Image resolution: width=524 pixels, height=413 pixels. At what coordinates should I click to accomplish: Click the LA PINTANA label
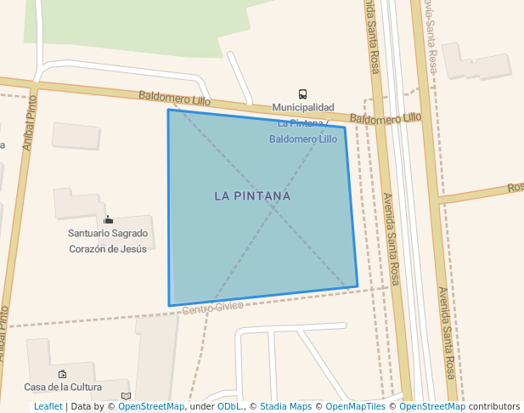(x=252, y=196)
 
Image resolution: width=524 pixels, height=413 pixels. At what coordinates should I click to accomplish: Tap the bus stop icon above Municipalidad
(x=302, y=94)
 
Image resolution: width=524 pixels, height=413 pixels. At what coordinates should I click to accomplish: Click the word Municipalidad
(x=302, y=108)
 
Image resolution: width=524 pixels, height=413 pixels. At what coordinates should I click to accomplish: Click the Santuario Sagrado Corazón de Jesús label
(x=108, y=240)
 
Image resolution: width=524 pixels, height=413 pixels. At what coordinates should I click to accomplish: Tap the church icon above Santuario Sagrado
(x=108, y=220)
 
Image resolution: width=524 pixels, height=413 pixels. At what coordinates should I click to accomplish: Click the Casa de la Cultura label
(x=63, y=387)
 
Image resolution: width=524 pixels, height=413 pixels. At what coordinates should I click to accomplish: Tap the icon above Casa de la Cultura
(x=62, y=373)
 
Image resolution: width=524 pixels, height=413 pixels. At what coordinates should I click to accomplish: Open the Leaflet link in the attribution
(x=48, y=406)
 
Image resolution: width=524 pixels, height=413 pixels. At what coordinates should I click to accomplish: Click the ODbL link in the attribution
(x=228, y=406)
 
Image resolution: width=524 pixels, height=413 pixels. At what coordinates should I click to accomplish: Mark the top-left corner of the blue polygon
(x=168, y=110)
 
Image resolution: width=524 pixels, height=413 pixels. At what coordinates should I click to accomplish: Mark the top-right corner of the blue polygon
(x=345, y=127)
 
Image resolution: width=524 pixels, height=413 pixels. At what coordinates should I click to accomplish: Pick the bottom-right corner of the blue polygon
(x=358, y=286)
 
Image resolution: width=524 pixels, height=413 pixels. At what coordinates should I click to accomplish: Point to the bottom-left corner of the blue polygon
(x=170, y=306)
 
